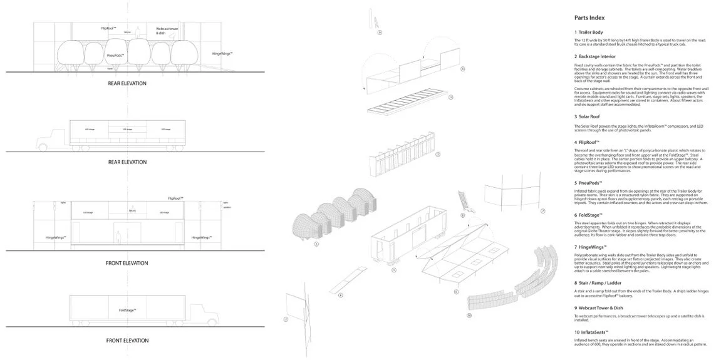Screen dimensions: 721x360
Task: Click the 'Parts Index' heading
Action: point(589,17)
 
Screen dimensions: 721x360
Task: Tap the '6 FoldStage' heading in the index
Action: point(592,215)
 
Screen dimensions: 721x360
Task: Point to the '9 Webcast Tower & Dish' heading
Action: point(603,309)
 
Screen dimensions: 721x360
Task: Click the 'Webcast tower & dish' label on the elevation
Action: point(165,30)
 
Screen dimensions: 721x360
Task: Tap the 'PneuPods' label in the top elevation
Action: point(115,55)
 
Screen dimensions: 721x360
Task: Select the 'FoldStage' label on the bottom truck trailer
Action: point(127,310)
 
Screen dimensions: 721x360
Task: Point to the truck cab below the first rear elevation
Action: point(51,138)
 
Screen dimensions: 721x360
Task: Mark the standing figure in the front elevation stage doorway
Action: point(118,236)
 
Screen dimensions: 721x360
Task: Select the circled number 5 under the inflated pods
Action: point(317,244)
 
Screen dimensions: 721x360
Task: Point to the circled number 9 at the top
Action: point(380,32)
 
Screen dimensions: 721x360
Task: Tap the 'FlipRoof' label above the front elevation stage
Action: point(175,198)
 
